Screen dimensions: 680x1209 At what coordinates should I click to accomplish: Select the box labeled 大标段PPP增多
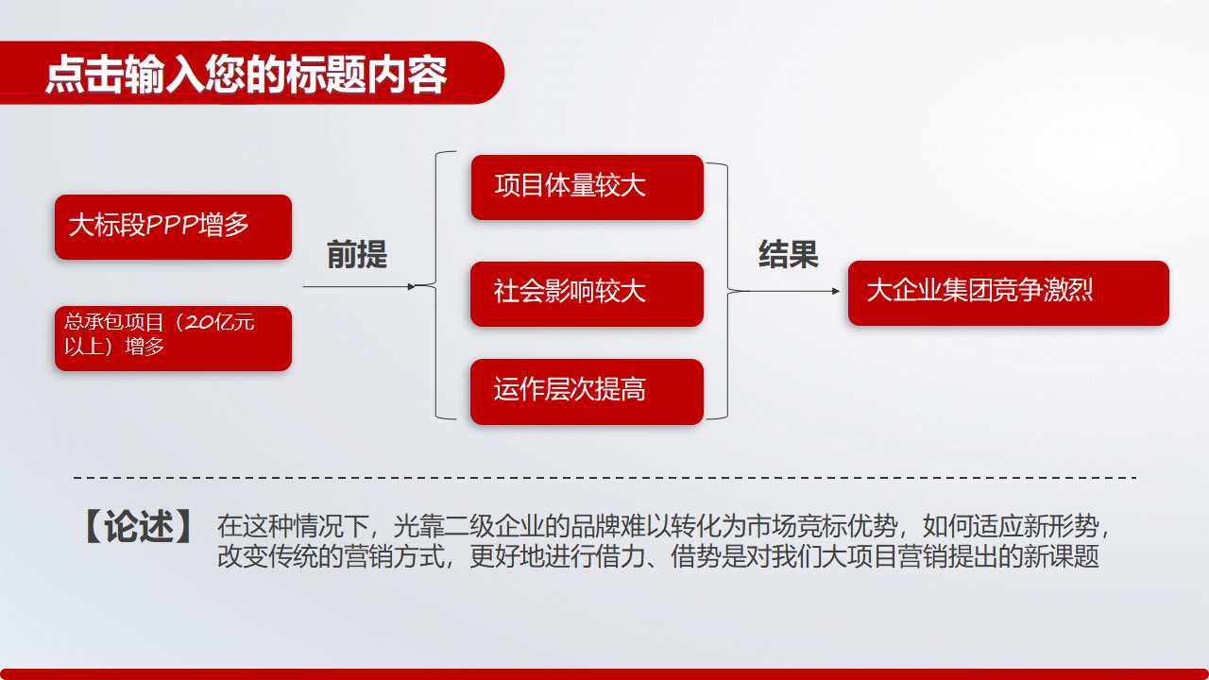(x=173, y=227)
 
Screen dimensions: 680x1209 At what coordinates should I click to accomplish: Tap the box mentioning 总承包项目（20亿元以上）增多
(x=173, y=337)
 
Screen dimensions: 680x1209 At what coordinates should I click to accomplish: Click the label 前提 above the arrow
(x=357, y=255)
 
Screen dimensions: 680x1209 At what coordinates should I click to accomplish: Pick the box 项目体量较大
(x=587, y=187)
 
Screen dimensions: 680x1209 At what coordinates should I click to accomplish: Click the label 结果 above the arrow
(x=788, y=255)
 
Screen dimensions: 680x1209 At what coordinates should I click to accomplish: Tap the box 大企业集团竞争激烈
(x=1008, y=293)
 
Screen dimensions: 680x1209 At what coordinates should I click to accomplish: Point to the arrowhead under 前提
(x=411, y=286)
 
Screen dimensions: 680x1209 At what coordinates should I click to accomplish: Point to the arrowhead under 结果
(x=836, y=291)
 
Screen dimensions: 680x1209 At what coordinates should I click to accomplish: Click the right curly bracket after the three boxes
(x=724, y=290)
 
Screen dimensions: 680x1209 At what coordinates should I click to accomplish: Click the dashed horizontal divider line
(x=604, y=478)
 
